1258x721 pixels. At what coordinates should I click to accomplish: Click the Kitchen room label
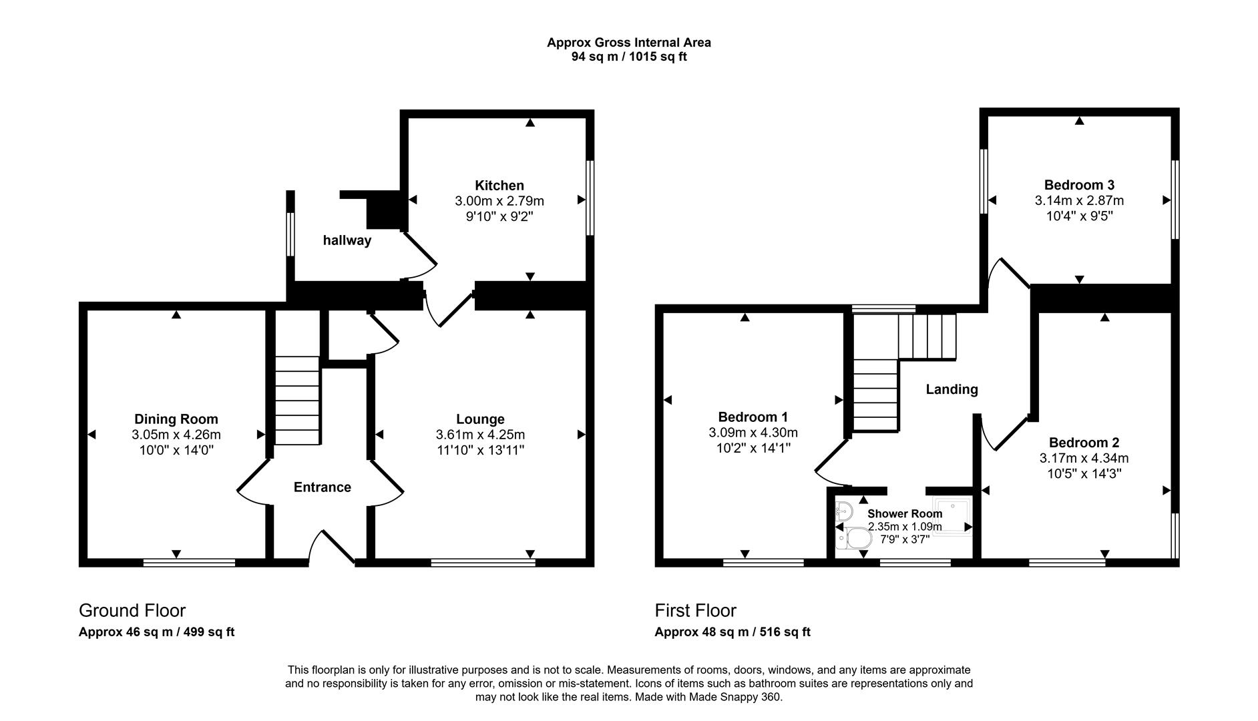pos(499,186)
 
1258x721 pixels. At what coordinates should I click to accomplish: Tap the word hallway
pos(347,240)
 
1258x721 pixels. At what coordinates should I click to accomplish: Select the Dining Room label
pos(176,419)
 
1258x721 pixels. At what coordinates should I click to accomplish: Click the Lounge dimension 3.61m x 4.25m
pos(480,435)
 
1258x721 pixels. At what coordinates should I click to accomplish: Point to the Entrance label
pos(322,487)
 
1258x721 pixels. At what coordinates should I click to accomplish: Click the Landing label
pos(952,389)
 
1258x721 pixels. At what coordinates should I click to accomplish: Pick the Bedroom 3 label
pos(1079,185)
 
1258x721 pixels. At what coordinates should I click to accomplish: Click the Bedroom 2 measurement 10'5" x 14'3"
pos(1084,474)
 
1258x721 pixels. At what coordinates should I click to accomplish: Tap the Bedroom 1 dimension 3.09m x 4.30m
pos(753,433)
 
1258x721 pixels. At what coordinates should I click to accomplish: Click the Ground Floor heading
pos(132,610)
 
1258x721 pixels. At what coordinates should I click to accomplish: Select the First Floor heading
pos(695,610)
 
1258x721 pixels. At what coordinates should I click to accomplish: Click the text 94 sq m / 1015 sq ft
pos(628,57)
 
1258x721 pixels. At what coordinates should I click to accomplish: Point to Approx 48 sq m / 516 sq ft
pos(732,632)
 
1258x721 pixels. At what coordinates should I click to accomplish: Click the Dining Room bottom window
pos(189,563)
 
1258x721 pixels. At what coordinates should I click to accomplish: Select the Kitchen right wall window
pos(590,198)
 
